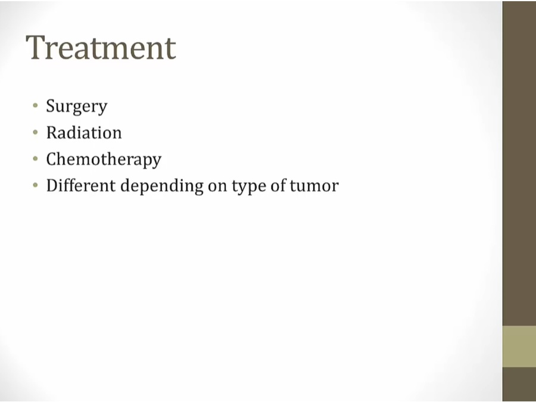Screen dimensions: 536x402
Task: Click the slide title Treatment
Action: click(101, 47)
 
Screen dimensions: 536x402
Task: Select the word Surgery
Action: click(77, 107)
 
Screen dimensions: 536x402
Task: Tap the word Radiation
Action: click(84, 132)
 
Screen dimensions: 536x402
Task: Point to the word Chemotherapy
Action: click(104, 160)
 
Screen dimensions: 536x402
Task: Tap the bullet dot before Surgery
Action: click(35, 105)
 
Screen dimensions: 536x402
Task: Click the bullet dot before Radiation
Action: click(35, 132)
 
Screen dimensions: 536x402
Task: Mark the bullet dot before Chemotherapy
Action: click(35, 158)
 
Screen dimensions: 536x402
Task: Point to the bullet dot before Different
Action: click(35, 185)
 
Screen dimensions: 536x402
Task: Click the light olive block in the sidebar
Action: click(519, 347)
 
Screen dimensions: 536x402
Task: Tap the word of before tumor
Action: click(278, 185)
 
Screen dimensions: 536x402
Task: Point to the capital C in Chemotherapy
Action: click(52, 159)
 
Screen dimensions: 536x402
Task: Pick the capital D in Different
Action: click(53, 185)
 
